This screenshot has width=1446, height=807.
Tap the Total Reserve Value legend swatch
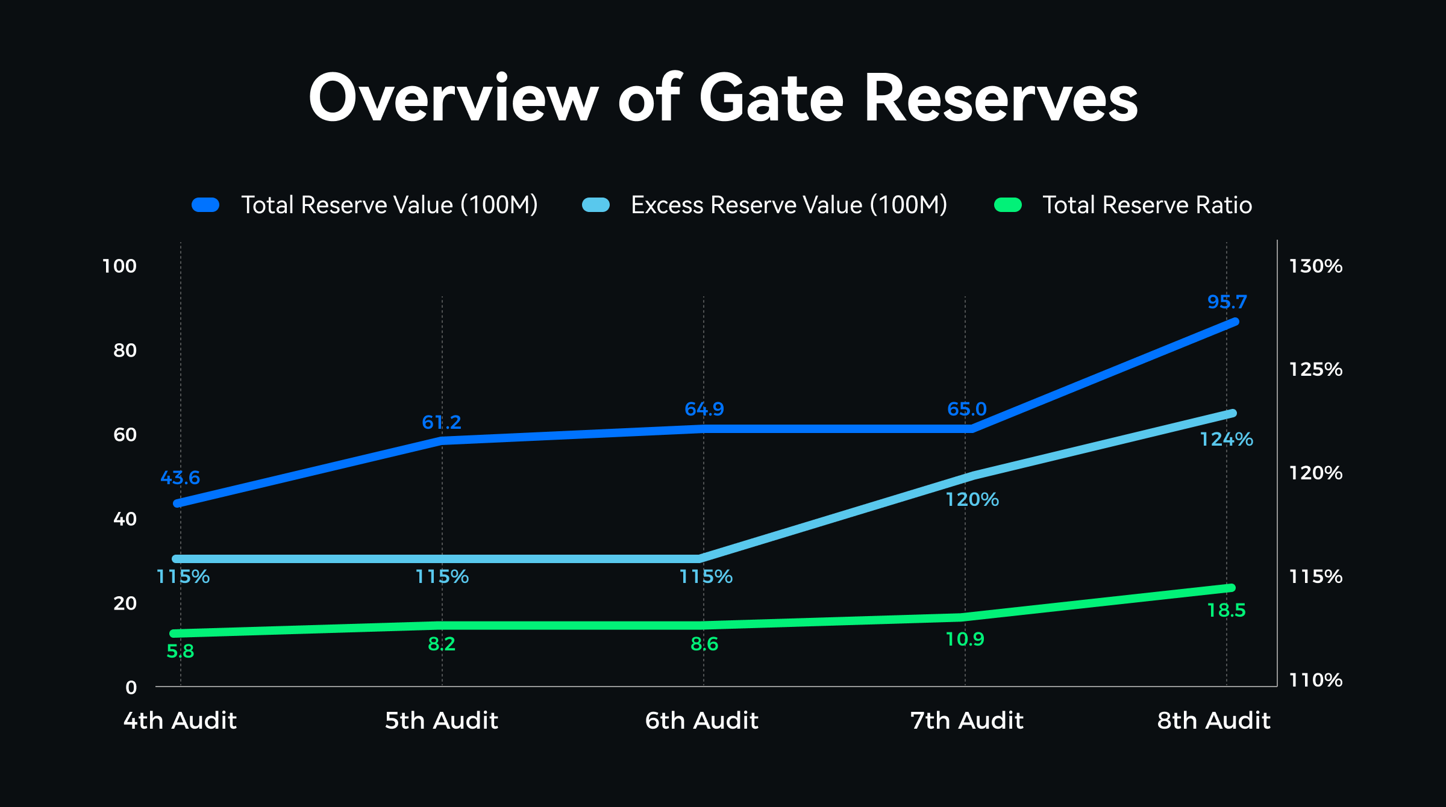[x=205, y=205]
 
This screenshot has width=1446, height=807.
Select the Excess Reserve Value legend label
[x=789, y=205]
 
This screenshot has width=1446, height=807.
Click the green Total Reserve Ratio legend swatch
[x=1007, y=205]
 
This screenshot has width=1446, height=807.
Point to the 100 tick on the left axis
[x=119, y=266]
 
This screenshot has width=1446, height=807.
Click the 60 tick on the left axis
[x=125, y=435]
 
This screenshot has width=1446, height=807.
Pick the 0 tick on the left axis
[x=131, y=688]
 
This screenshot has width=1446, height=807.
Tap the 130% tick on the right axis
[x=1315, y=266]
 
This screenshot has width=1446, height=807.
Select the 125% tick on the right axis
[x=1315, y=369]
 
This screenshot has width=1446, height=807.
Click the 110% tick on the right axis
[x=1315, y=681]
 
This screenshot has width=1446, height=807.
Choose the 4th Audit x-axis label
[x=180, y=721]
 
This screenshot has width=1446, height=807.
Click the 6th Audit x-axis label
[x=701, y=721]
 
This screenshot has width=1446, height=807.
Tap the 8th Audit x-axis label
[x=1213, y=721]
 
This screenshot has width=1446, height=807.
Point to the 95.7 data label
[x=1227, y=302]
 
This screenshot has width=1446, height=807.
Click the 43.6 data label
[x=180, y=478]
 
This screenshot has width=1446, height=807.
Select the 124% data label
[x=1226, y=440]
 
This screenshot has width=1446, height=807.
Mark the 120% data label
[x=972, y=500]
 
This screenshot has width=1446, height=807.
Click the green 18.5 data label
[x=1226, y=611]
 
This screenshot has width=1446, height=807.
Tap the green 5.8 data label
[x=180, y=652]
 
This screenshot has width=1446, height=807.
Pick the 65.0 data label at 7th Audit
[x=966, y=410]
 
